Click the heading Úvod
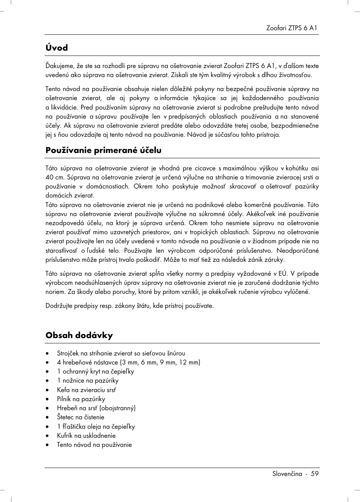pyautogui.click(x=57, y=48)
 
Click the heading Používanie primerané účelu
pyautogui.click(x=103, y=150)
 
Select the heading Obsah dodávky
pyautogui.click(x=79, y=335)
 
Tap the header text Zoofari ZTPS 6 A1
pyautogui.click(x=292, y=28)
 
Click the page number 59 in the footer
pyautogui.click(x=315, y=474)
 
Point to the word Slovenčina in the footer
pyautogui.click(x=287, y=474)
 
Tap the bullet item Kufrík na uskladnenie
pyautogui.click(x=86, y=436)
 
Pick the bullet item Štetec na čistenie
pyautogui.click(x=80, y=417)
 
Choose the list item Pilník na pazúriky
pyautogui.click(x=81, y=399)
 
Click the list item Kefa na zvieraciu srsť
pyautogui.click(x=86, y=390)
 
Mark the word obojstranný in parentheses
pyautogui.click(x=117, y=408)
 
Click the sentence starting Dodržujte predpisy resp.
pyautogui.click(x=129, y=306)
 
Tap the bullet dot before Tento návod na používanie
pyautogui.click(x=48, y=445)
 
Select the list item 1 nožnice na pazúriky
pyautogui.click(x=88, y=380)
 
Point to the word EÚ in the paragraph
pyautogui.click(x=283, y=273)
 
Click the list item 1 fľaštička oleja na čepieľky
pyautogui.click(x=96, y=426)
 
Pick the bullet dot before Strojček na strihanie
pyautogui.click(x=48, y=354)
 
